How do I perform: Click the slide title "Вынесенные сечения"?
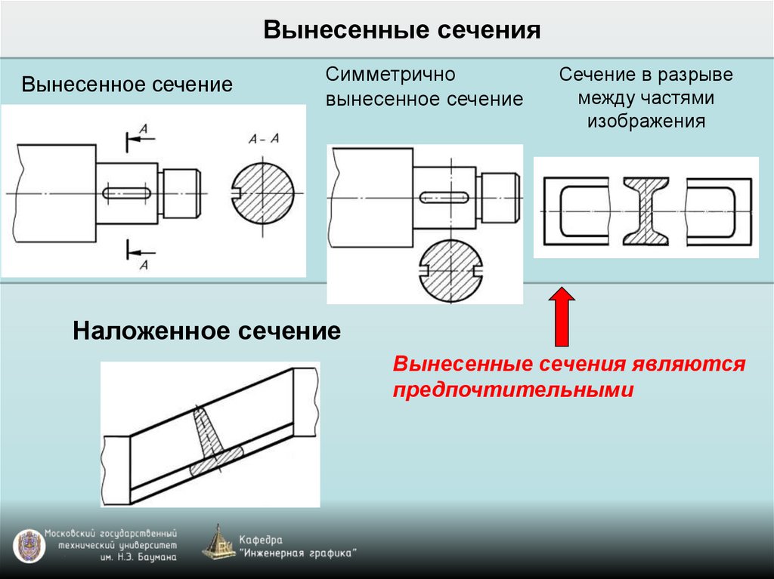(402, 31)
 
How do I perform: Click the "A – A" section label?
(264, 138)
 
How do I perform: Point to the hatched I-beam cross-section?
(646, 211)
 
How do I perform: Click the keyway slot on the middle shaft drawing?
(444, 198)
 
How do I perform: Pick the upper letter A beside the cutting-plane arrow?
(144, 131)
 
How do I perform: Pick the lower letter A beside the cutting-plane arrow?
(144, 263)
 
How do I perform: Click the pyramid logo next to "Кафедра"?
(218, 543)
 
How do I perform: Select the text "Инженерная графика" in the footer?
(298, 553)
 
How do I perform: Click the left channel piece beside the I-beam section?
(576, 211)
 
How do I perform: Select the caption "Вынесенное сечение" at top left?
(126, 84)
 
